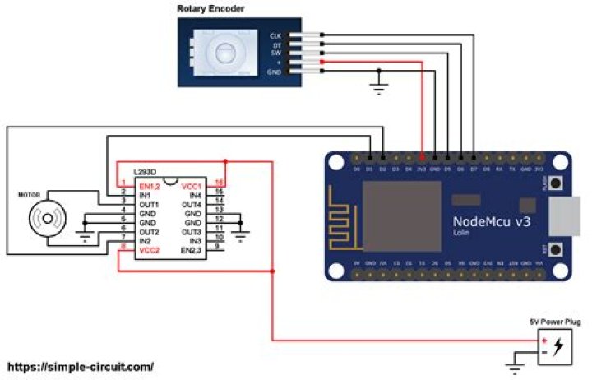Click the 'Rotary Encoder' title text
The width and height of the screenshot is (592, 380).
210,9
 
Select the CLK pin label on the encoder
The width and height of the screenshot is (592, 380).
275,36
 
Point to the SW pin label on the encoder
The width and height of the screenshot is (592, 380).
275,53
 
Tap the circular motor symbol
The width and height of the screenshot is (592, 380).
47,220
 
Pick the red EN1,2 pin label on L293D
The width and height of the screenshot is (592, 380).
150,187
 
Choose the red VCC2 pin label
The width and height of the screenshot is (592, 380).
150,249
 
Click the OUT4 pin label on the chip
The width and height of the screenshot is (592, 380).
191,204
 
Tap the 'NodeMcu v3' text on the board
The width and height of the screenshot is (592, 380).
491,221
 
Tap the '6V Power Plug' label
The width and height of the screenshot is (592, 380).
550,323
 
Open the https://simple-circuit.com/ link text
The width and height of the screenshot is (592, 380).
80,367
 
